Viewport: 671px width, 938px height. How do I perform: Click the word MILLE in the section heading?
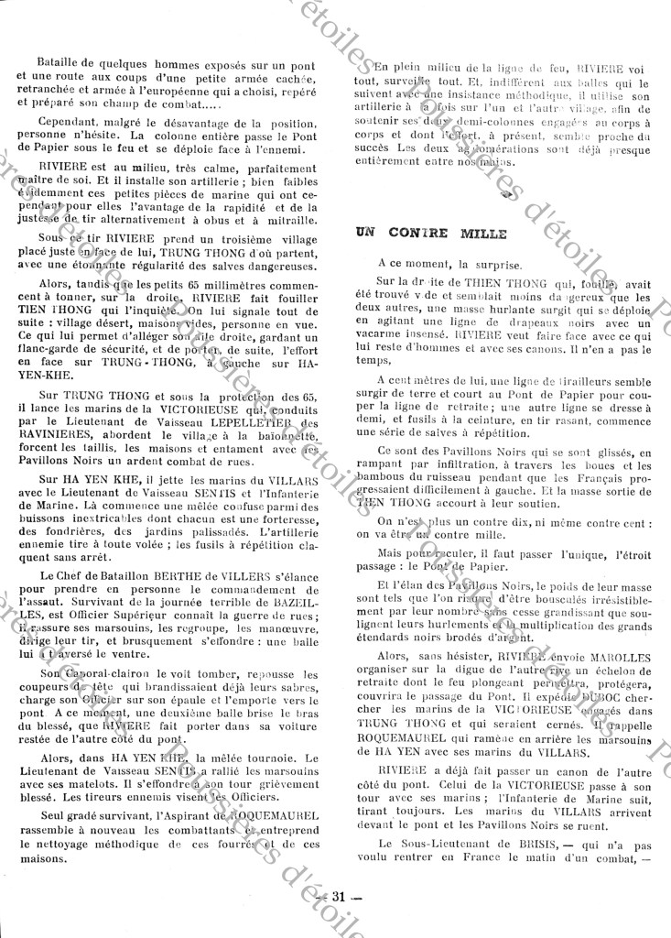tap(482, 234)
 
